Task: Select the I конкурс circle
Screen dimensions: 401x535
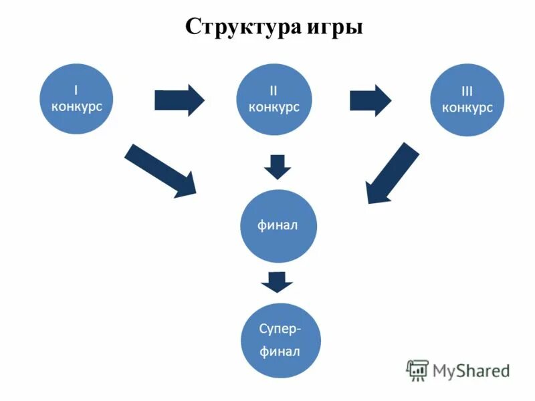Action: (x=77, y=99)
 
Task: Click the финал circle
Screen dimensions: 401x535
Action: (x=277, y=225)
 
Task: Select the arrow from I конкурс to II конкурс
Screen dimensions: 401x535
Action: (x=179, y=100)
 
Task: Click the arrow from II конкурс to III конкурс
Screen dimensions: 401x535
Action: (x=371, y=100)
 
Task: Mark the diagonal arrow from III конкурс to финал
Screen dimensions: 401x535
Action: (x=393, y=173)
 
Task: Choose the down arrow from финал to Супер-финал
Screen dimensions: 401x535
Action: (x=277, y=281)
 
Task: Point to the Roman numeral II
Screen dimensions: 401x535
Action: (x=274, y=90)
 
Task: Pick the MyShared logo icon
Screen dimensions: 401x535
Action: (x=417, y=370)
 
